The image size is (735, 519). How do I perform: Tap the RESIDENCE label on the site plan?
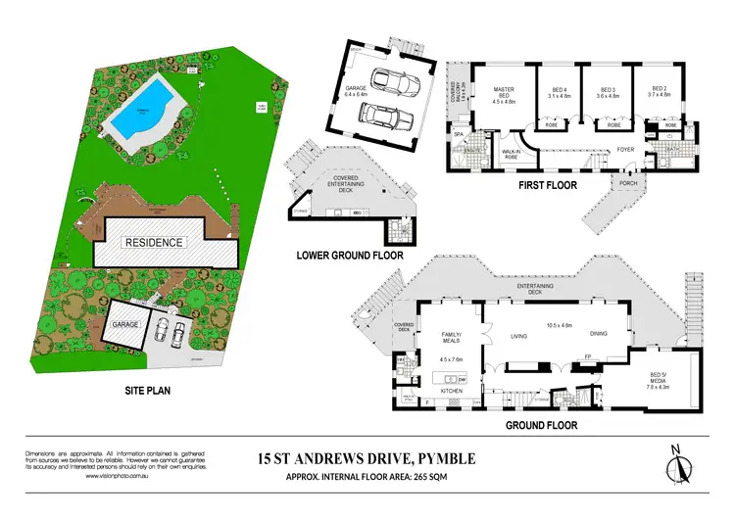(x=152, y=241)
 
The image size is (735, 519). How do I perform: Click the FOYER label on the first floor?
(x=623, y=149)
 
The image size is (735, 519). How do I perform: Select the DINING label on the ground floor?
(x=598, y=334)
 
